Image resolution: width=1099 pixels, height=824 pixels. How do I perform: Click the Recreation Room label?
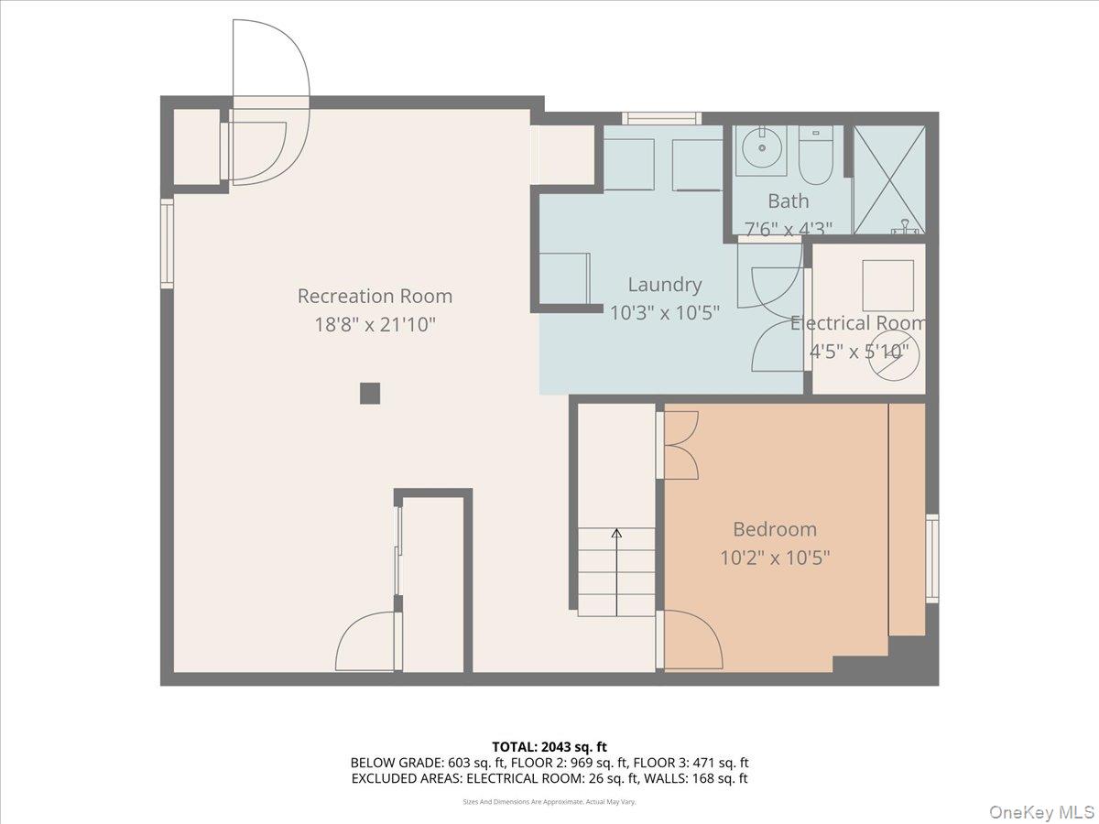[375, 296]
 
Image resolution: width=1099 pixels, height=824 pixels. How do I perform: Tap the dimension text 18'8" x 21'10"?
[375, 324]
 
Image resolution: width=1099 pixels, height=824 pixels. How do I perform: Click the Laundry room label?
[664, 285]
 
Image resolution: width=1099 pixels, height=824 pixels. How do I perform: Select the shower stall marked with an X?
[888, 179]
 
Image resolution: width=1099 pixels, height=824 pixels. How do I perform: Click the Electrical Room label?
[858, 323]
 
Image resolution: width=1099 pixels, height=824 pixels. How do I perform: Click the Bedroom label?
[774, 529]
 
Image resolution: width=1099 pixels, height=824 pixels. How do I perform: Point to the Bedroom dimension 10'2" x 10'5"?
[774, 557]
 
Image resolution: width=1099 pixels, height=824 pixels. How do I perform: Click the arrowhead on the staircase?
[616, 533]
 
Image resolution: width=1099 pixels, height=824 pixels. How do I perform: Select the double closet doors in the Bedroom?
[680, 445]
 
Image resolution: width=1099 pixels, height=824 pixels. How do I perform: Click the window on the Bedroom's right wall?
[931, 558]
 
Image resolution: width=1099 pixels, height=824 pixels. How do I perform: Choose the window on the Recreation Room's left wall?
[167, 244]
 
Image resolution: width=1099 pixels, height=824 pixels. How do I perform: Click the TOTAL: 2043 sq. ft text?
[549, 747]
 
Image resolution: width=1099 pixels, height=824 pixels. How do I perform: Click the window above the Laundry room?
[661, 118]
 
